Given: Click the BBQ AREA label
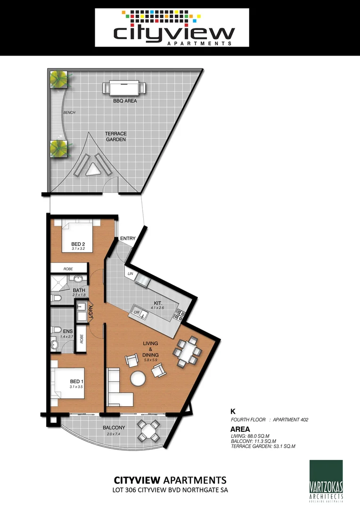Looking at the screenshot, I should pyautogui.click(x=125, y=101).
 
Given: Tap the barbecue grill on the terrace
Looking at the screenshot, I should pyautogui.click(x=125, y=88).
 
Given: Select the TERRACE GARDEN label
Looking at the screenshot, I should pyautogui.click(x=115, y=137).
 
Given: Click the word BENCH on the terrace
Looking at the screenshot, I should pyautogui.click(x=69, y=113).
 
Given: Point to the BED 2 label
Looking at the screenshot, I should pyautogui.click(x=79, y=244).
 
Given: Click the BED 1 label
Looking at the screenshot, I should pyautogui.click(x=77, y=381).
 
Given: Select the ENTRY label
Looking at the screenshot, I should pyautogui.click(x=127, y=238).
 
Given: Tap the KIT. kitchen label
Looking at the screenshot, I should pyautogui.click(x=158, y=304).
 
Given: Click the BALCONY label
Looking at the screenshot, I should pyautogui.click(x=114, y=428).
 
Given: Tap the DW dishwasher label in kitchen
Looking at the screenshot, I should pyautogui.click(x=137, y=312).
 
